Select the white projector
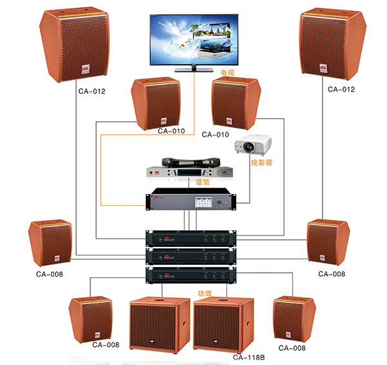pyautogui.click(x=250, y=146)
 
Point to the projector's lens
pyautogui.click(x=243, y=148)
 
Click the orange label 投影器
pyautogui.click(x=263, y=163)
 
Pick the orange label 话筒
pyautogui.click(x=203, y=182)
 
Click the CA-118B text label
pyautogui.click(x=248, y=356)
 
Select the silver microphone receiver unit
pyautogui.click(x=187, y=173)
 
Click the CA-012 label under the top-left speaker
pyautogui.click(x=92, y=91)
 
